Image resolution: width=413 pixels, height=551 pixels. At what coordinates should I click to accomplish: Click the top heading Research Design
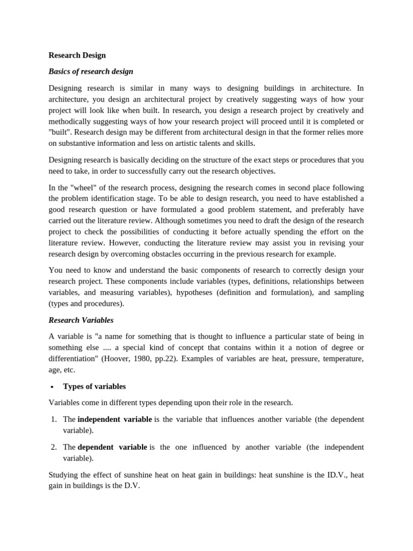(x=77, y=55)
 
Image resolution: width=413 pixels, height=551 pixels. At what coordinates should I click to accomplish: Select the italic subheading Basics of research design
(x=91, y=71)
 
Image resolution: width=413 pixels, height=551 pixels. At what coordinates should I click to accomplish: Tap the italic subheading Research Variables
(x=81, y=320)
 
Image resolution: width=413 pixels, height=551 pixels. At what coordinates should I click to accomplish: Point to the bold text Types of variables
(x=94, y=386)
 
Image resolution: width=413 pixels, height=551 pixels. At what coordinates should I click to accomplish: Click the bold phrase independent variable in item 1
(x=115, y=419)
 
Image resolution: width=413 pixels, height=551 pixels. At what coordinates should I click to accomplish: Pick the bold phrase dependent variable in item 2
(x=112, y=447)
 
